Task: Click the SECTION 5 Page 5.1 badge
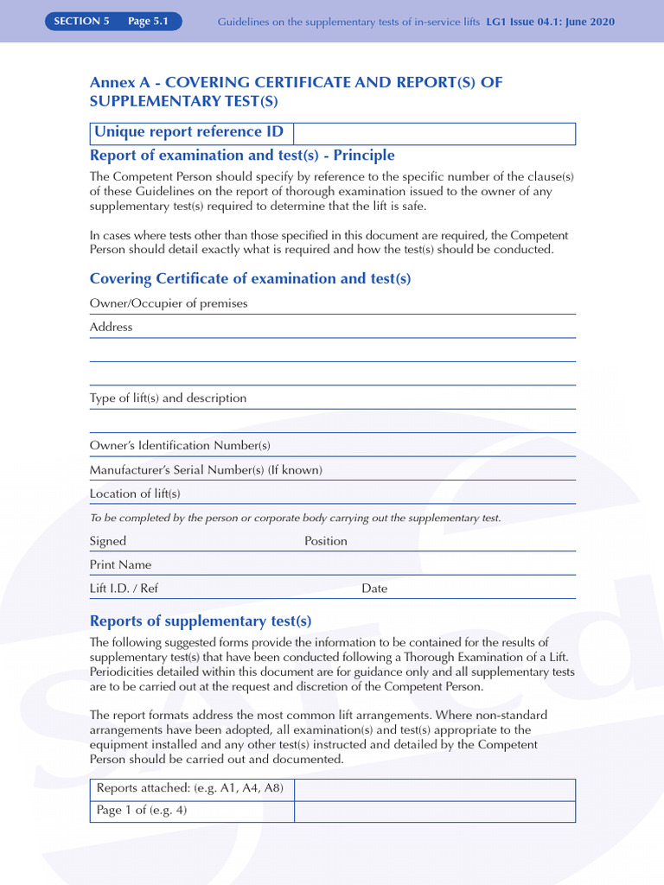pos(114,22)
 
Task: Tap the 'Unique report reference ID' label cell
pos(192,133)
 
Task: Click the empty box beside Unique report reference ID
pos(434,133)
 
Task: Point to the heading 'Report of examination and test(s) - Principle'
pos(242,156)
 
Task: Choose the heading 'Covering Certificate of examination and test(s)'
pos(250,279)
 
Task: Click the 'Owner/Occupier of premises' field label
pos(169,303)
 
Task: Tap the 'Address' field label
pos(112,327)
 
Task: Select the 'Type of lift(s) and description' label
pos(168,398)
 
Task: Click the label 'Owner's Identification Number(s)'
pos(180,446)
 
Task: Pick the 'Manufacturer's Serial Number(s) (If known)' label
pos(206,470)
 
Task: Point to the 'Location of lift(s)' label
pos(135,493)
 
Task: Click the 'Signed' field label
pos(108,541)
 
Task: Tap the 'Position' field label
pos(326,541)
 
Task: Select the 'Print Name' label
pos(120,565)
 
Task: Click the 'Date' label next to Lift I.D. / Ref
pos(374,589)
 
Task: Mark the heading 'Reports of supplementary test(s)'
pos(201,621)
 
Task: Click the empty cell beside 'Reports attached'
pos(434,789)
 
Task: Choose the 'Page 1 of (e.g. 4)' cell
pos(192,812)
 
